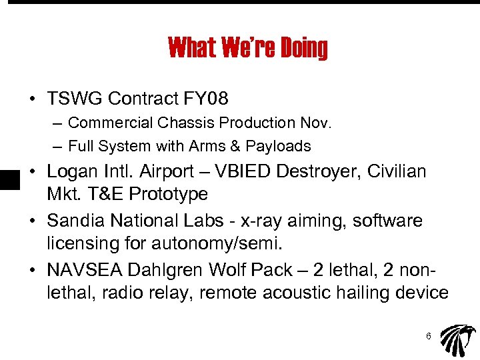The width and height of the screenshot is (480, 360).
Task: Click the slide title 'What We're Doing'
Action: [x=248, y=48]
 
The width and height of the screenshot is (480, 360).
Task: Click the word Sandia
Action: [x=75, y=220]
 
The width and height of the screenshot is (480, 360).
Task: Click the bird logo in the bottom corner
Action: [x=458, y=339]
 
